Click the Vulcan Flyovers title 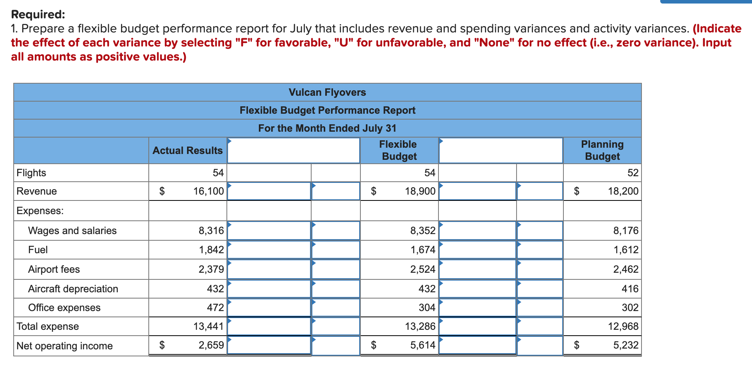point(327,92)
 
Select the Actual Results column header point(187,150)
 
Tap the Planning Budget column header point(602,150)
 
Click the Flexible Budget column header point(399,150)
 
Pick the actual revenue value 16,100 point(208,191)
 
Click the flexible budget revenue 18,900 point(420,191)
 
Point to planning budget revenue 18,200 point(623,191)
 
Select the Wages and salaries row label point(72,231)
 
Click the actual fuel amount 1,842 point(211,250)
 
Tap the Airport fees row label point(54,269)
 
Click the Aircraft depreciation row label point(73,289)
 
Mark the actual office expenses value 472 point(215,308)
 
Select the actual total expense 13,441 point(208,326)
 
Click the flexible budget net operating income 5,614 point(423,345)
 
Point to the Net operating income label point(64,346)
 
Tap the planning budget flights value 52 point(633,173)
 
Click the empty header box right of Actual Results point(293,150)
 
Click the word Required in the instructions point(38,14)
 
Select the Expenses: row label point(40,211)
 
